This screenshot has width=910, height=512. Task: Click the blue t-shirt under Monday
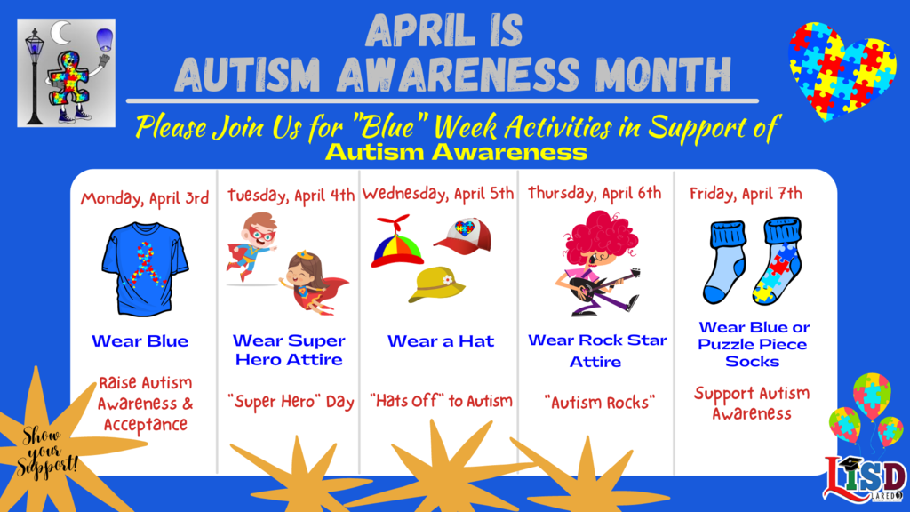coord(145,268)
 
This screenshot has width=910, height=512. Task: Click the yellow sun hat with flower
coord(437,284)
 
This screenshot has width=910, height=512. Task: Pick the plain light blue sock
coord(725,261)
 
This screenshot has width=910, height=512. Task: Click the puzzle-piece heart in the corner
coord(842,69)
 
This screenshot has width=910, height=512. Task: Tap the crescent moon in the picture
coord(60,33)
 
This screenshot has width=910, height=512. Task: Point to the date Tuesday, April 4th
coord(291,195)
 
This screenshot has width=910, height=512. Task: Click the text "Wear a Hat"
coord(441,340)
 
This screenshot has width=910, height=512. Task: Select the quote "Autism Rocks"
coord(600,402)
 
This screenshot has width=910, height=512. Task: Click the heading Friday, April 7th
coord(746,194)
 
